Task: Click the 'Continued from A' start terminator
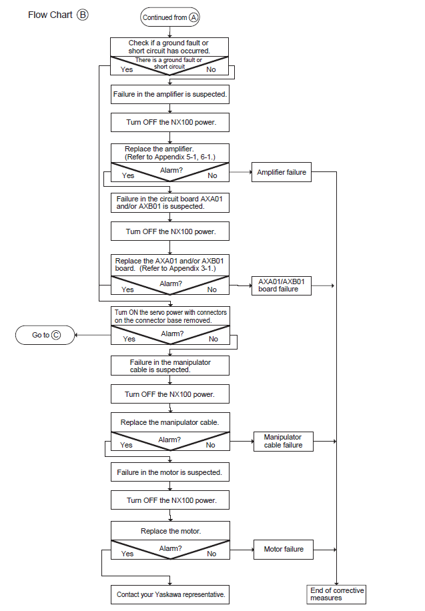[170, 17]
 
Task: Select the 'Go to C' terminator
[45, 335]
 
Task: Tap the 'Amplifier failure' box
[282, 172]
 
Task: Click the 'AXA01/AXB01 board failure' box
[282, 285]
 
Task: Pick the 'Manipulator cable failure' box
[284, 442]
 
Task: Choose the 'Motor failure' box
[284, 550]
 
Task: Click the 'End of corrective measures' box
[336, 594]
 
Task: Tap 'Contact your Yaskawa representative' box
[170, 594]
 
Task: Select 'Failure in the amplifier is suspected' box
[170, 94]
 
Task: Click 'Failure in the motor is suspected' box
[170, 472]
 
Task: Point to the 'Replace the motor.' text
[171, 531]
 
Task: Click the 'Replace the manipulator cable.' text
[169, 422]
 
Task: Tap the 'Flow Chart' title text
[50, 15]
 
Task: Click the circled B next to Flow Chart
[83, 15]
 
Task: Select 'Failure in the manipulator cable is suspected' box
[170, 366]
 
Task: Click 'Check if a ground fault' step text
[169, 47]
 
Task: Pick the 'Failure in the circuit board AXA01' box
[170, 203]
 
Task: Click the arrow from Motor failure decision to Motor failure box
[242, 550]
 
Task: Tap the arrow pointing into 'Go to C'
[93, 335]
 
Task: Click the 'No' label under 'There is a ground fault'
[211, 69]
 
